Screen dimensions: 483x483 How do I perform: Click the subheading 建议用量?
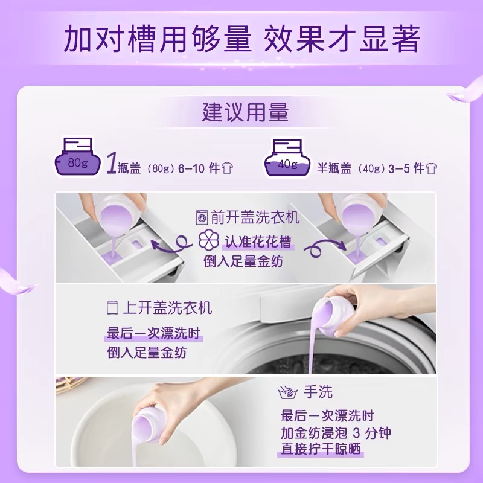245,112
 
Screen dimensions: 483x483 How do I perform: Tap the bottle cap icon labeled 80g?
78,157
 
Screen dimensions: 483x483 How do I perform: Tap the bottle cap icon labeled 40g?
287,158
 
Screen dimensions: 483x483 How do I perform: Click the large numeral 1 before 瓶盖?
112,163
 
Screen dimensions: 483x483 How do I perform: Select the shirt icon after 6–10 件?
227,168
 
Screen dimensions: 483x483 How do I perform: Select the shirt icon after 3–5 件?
431,168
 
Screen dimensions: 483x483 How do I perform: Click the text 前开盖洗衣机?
255,217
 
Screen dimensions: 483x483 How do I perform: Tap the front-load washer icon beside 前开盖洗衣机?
202,217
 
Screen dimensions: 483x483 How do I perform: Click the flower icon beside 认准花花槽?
209,239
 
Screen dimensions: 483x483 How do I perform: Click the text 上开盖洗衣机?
168,308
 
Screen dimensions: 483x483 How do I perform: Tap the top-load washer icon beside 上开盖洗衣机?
112,307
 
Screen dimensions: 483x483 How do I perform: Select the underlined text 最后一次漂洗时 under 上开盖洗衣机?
153,334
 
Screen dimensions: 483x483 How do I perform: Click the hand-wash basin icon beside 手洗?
288,392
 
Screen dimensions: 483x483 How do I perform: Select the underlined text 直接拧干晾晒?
321,449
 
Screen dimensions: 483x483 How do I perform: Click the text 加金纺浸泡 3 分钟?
336,433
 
